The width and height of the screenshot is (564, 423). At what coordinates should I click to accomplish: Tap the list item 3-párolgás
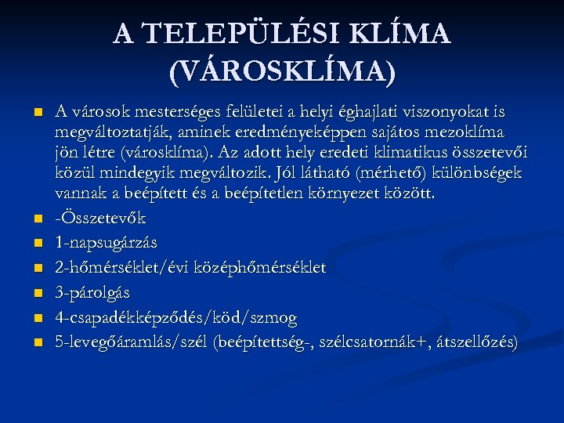click(x=92, y=291)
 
